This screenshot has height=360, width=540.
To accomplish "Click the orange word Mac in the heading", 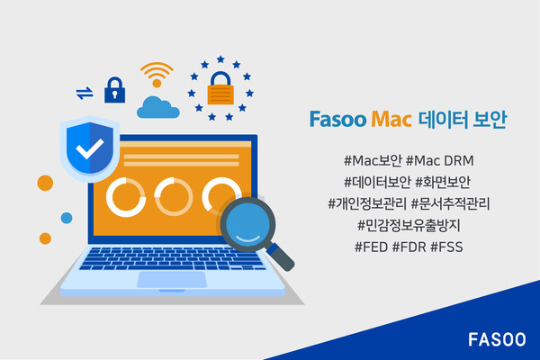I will tap(390, 119).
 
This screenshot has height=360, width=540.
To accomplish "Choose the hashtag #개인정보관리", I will tap(367, 202).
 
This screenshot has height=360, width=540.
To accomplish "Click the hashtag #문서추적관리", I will tap(454, 202).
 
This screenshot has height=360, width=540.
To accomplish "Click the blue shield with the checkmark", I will tap(87, 149).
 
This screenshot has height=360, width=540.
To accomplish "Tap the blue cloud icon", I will tap(158, 106).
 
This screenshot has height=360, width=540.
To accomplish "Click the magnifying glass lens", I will tap(247, 220).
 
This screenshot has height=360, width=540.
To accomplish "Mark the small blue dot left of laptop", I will tap(67, 219).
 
